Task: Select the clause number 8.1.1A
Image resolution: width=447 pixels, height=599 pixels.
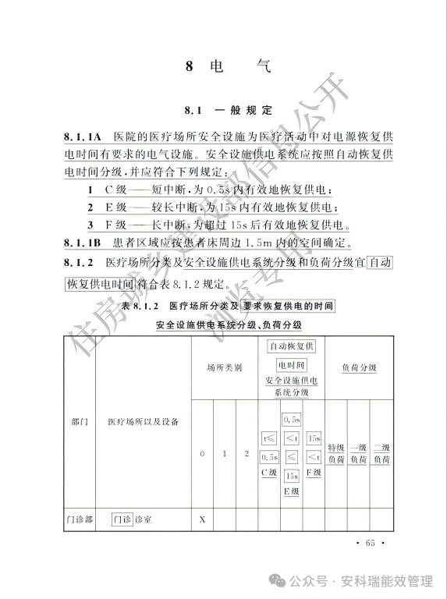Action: (x=83, y=138)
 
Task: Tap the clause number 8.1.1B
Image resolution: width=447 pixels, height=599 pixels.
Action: (x=83, y=241)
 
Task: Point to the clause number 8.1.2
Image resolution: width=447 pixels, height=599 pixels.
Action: (x=79, y=262)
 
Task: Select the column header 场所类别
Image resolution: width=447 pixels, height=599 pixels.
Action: (x=224, y=367)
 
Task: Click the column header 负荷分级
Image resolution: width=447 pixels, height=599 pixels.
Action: (x=359, y=367)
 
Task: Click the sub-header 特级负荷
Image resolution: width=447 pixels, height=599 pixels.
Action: (x=335, y=453)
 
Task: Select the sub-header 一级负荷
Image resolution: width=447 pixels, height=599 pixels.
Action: (x=358, y=453)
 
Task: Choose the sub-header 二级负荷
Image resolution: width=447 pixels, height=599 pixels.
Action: (x=381, y=453)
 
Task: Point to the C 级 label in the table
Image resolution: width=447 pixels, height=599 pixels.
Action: (x=268, y=473)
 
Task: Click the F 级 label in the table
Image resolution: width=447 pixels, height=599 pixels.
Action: (x=314, y=473)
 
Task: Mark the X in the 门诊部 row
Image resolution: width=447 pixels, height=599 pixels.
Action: (x=202, y=519)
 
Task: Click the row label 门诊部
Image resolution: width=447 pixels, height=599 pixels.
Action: (x=78, y=519)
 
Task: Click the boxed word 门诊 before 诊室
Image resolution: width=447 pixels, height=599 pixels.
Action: (x=121, y=519)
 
